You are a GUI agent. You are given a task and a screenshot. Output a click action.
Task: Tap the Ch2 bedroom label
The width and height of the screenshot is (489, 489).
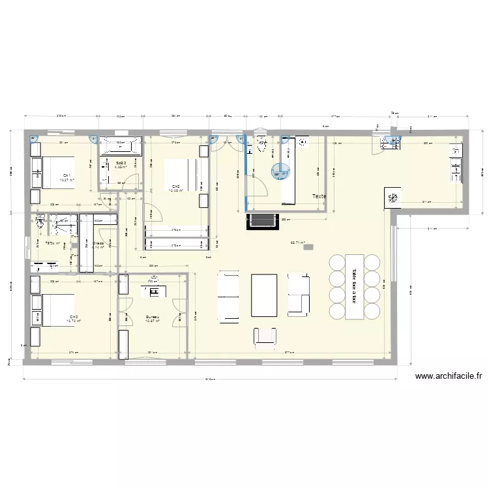pyautogui.click(x=175, y=186)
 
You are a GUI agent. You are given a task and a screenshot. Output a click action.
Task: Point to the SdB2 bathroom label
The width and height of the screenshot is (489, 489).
pyautogui.click(x=121, y=163)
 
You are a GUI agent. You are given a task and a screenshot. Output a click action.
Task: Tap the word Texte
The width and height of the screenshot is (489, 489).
pyautogui.click(x=319, y=196)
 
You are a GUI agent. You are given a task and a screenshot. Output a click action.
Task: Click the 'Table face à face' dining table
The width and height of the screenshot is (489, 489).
pyautogui.click(x=355, y=286)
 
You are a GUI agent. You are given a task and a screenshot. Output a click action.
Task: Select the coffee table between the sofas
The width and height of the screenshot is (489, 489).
pyautogui.click(x=264, y=295)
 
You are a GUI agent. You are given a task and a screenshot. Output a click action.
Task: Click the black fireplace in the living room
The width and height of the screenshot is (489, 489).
pyautogui.click(x=260, y=222)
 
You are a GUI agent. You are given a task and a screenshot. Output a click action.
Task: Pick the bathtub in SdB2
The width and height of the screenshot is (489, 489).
pyautogui.click(x=119, y=145)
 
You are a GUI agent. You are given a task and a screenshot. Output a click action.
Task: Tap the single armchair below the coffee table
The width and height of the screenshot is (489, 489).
pyautogui.click(x=264, y=335)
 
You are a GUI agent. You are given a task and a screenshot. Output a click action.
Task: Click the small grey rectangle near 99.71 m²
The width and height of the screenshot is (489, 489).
pyautogui.click(x=308, y=246)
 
